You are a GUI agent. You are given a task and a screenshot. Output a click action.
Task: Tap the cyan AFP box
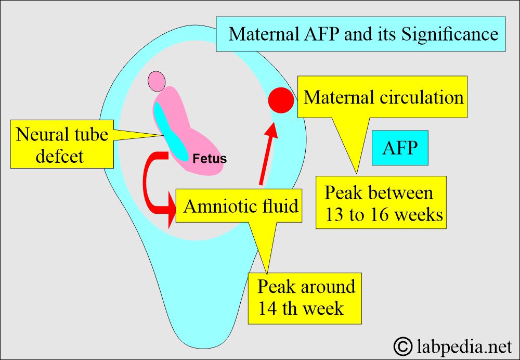(400, 148)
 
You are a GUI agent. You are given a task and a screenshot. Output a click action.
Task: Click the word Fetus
(210, 159)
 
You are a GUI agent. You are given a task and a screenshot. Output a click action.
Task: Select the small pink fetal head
(157, 81)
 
